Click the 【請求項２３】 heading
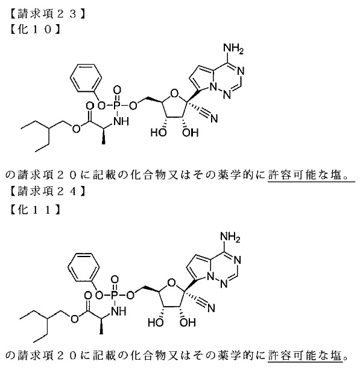tap(47, 14)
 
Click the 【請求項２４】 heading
tap(47, 191)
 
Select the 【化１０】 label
tap(35, 29)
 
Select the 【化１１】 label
tap(35, 209)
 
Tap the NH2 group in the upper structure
tap(233, 48)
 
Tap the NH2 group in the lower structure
tap(230, 237)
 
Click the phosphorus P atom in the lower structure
tap(115, 295)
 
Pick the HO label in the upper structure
tap(158, 133)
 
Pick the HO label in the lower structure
tap(156, 322)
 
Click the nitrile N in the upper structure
tap(214, 118)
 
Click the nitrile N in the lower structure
tap(211, 308)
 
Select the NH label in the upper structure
tap(121, 121)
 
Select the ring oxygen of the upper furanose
tap(174, 94)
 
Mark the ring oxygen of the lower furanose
tap(171, 282)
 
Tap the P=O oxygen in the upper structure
tap(117, 90)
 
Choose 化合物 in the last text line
tap(148, 355)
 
